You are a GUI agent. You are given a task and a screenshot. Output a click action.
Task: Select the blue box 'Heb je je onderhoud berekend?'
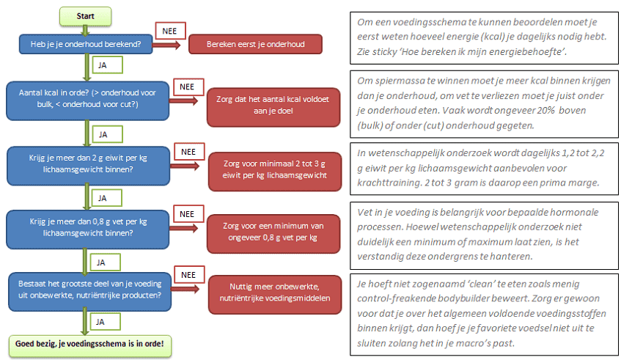[x=86, y=44]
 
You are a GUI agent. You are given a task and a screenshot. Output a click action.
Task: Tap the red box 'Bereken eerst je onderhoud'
[x=255, y=44]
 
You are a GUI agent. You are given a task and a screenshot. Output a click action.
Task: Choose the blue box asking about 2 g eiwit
[x=86, y=164]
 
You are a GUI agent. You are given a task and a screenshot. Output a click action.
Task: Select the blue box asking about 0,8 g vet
[x=86, y=228]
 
